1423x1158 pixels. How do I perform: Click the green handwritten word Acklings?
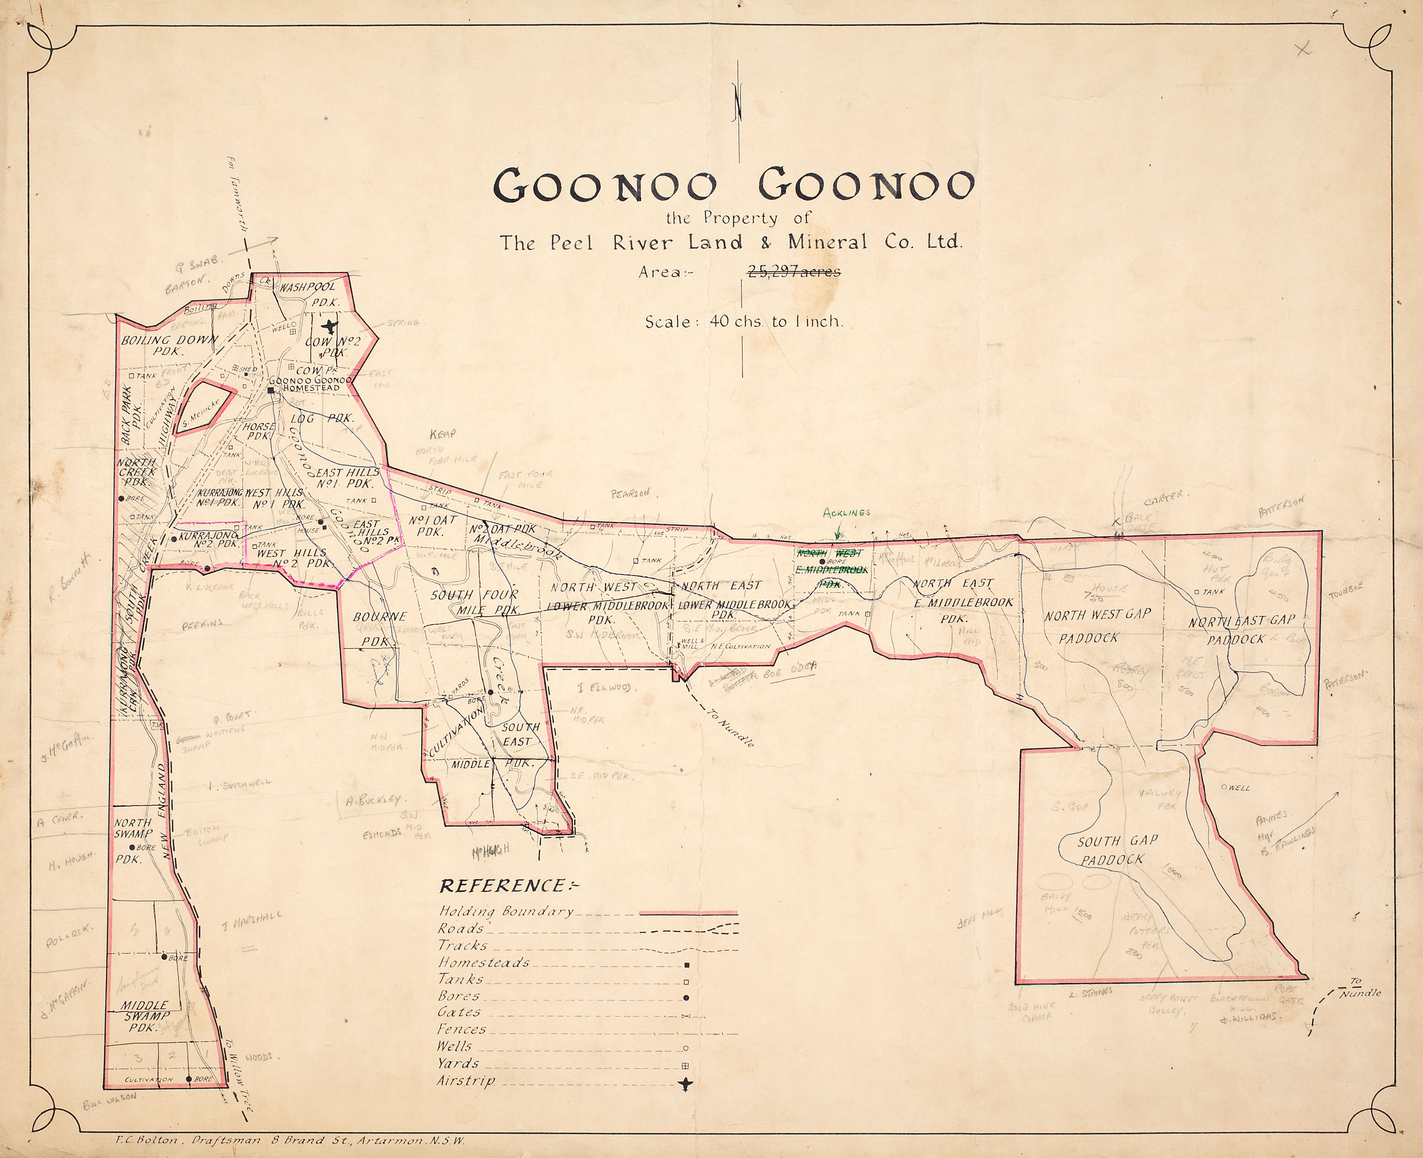coord(846,512)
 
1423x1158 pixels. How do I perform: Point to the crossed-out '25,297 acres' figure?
coord(793,272)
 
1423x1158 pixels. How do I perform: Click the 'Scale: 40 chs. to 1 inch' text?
coord(743,322)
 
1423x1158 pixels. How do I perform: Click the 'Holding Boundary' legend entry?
coord(506,911)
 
